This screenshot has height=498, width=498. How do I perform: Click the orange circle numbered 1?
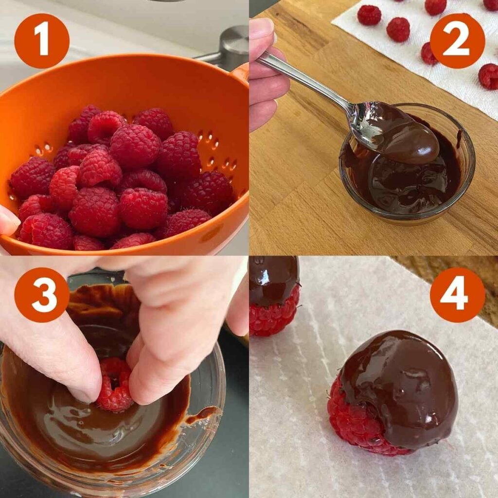click(42, 41)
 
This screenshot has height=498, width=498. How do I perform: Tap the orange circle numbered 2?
click(457, 41)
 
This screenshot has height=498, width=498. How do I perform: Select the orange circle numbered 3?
click(42, 295)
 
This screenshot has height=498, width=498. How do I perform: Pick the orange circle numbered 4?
click(457, 295)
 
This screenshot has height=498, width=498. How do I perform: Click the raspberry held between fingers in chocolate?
click(115, 384)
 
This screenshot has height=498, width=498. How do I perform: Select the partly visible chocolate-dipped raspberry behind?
click(273, 297)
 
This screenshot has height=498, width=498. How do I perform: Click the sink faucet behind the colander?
click(229, 49)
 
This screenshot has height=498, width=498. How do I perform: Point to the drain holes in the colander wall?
click(209, 146)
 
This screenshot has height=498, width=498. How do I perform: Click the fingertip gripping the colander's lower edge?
click(8, 221)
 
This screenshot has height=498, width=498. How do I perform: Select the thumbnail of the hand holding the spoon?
click(263, 29)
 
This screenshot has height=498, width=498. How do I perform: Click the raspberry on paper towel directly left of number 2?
click(398, 29)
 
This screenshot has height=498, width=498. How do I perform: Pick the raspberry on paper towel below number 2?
click(488, 76)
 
